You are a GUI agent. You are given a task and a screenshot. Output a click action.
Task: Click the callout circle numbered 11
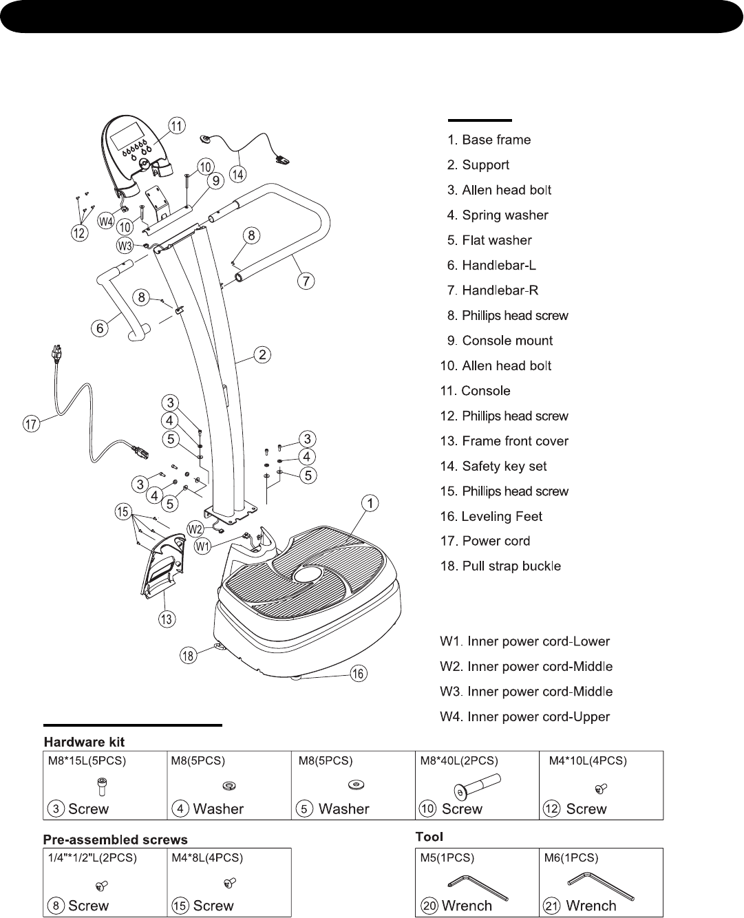click(178, 126)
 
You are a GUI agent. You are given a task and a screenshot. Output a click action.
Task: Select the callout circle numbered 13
click(166, 619)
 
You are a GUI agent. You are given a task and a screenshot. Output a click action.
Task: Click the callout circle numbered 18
click(188, 655)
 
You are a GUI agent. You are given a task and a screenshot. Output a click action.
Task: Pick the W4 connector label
click(106, 222)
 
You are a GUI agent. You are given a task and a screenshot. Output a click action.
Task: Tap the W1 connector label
click(202, 547)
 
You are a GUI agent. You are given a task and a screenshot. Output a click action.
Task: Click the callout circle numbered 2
click(262, 355)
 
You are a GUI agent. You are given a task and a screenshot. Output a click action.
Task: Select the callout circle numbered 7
click(306, 281)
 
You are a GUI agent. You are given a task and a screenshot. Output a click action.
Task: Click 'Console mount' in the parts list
click(507, 341)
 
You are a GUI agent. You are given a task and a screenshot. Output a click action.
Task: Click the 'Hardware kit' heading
click(84, 742)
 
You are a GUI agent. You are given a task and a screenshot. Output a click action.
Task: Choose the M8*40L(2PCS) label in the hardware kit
click(459, 761)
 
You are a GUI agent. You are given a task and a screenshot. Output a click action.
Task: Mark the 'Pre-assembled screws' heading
click(115, 840)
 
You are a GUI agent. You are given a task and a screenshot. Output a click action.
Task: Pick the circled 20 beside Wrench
click(430, 906)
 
